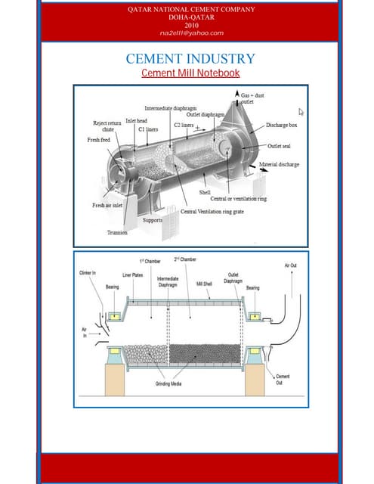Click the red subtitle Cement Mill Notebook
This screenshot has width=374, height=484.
tap(190, 73)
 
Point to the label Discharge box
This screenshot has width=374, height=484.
tap(282, 125)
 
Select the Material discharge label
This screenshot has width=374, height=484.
tap(279, 164)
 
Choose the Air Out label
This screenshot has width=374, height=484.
tap(291, 265)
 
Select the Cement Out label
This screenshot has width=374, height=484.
tap(283, 380)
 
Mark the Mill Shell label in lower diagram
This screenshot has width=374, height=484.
tap(205, 284)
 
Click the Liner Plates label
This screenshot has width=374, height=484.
tap(133, 275)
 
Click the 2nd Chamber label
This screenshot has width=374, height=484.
tap(185, 259)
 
